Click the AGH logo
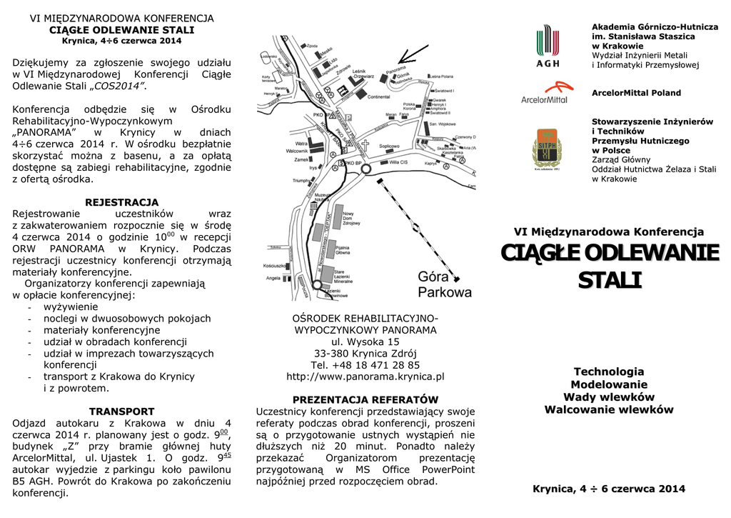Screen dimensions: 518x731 point(548,46)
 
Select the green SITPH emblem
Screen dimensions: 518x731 point(547,149)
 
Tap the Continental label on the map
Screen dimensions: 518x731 point(378,97)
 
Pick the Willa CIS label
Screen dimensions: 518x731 point(398,163)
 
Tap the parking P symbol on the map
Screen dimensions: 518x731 point(348,119)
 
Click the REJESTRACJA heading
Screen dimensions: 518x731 point(121,202)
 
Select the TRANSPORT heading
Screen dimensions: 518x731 point(121,412)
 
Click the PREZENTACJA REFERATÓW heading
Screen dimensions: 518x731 point(365,399)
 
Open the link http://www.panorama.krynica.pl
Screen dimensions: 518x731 point(365,377)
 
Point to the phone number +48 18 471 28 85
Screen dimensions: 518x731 point(365,365)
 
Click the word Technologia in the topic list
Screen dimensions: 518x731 point(609,372)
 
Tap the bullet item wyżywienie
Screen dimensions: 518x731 point(71,307)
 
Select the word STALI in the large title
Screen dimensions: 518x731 point(609,280)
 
